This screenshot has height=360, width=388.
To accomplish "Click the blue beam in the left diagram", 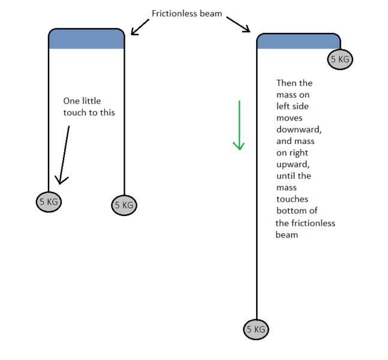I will (x=86, y=38).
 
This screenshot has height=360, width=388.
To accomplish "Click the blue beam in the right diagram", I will (x=298, y=41).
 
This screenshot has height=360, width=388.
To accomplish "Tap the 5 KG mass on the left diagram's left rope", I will (x=49, y=202).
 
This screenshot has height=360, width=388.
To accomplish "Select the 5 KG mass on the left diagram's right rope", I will (x=124, y=205).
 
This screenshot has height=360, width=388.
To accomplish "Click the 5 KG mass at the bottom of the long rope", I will (x=256, y=329).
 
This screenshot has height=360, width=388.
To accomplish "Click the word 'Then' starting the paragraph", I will (x=287, y=83).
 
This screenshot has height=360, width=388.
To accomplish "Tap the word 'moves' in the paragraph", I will (x=289, y=118).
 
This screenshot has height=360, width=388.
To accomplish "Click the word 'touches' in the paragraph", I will (x=292, y=199).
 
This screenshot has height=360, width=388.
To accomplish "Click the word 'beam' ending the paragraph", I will (x=287, y=235).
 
